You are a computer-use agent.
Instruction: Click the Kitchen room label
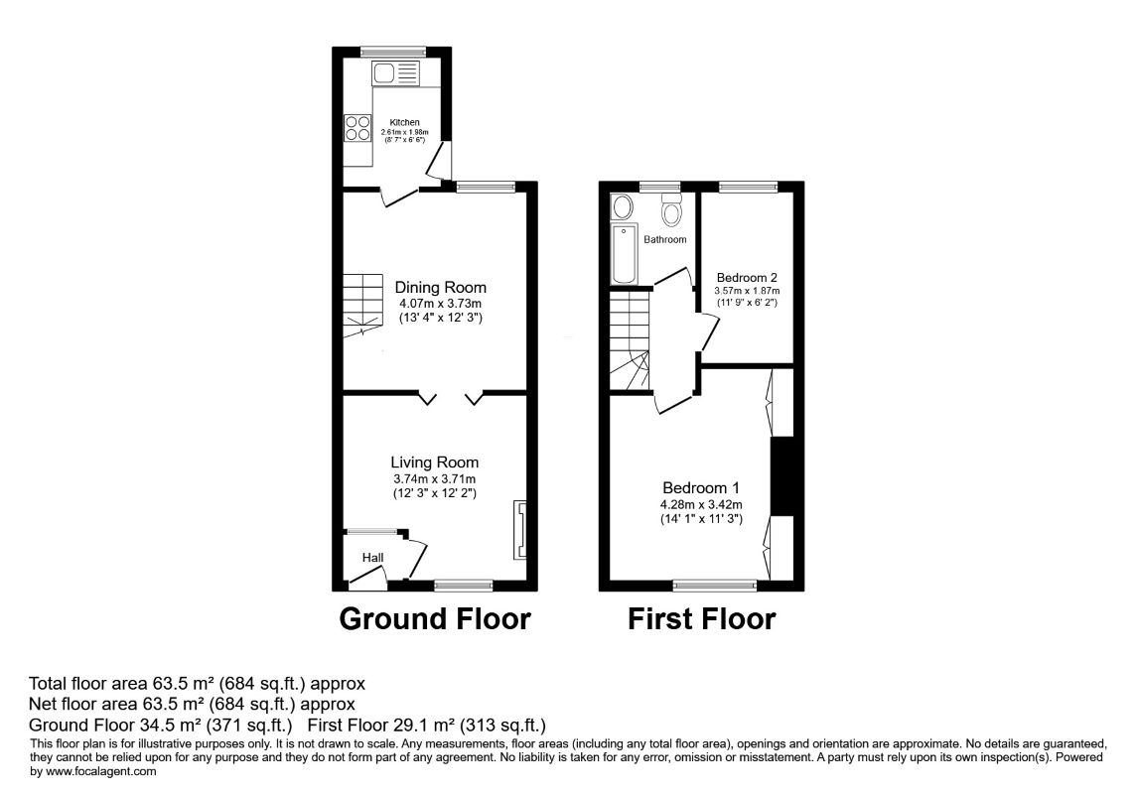click(x=404, y=123)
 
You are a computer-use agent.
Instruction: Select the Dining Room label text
click(x=440, y=288)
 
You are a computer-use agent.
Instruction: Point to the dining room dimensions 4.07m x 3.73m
click(x=440, y=304)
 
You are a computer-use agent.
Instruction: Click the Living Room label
click(x=434, y=463)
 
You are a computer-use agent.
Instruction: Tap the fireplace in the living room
click(x=520, y=529)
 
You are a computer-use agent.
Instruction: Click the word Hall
click(x=372, y=559)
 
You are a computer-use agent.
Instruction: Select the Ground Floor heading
click(x=435, y=619)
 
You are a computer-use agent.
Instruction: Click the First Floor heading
click(x=701, y=619)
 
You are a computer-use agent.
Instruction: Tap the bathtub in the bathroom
click(x=624, y=253)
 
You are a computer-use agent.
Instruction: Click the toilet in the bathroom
click(x=671, y=211)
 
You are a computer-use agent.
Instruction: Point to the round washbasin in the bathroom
click(x=623, y=206)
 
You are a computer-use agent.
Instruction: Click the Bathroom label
click(x=664, y=240)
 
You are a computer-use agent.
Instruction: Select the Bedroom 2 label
click(x=746, y=277)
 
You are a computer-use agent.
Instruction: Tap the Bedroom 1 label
click(x=701, y=488)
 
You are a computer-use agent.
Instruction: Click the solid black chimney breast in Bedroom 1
click(x=782, y=475)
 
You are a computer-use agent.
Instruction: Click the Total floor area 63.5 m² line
click(x=199, y=684)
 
